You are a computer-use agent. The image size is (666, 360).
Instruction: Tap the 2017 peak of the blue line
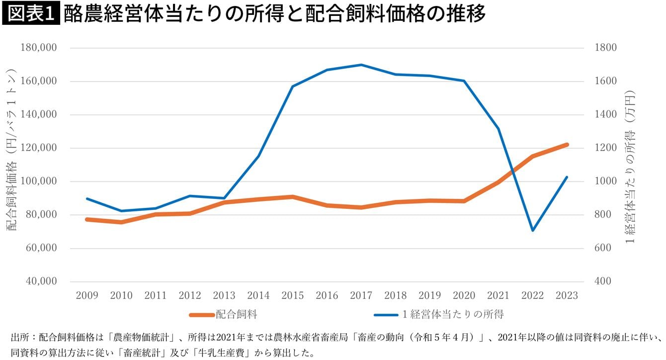[x=361, y=65]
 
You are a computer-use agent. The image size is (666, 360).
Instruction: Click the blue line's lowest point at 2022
[x=533, y=230]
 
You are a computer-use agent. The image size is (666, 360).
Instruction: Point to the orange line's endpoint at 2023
[x=567, y=145]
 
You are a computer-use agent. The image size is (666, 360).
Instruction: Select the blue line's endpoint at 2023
[x=567, y=177]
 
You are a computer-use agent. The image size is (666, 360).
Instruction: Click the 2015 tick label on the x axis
[x=292, y=295]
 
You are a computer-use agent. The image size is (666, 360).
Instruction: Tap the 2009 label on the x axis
[x=87, y=295]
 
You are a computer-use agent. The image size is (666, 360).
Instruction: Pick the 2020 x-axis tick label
[x=464, y=295]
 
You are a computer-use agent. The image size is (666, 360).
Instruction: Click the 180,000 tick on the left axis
[x=39, y=48]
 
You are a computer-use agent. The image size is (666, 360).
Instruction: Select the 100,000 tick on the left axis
[x=39, y=181]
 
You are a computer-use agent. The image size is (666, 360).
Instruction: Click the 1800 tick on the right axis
[x=605, y=48]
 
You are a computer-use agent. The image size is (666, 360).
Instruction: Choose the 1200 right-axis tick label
[x=605, y=148]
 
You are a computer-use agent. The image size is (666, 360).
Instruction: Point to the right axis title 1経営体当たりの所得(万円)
[x=631, y=167]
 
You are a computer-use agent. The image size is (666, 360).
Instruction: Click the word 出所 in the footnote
[x=19, y=338]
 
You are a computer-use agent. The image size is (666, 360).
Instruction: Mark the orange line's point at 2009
[x=87, y=219]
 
